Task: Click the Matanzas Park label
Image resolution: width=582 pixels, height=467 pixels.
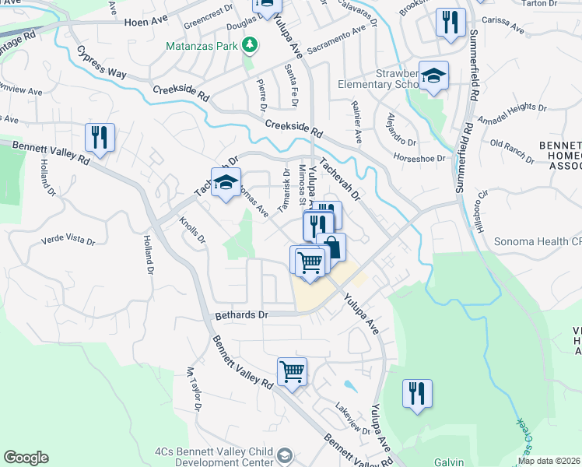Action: point(202,46)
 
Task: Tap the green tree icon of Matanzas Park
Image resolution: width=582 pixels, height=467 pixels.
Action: point(250,47)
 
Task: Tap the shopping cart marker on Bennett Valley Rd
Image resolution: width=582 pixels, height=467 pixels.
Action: point(292,371)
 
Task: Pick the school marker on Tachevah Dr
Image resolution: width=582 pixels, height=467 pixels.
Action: point(226,183)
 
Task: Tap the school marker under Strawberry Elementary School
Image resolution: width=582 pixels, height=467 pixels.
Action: point(434,75)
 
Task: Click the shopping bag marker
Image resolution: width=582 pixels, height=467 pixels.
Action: point(331,247)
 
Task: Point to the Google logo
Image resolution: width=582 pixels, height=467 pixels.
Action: point(26,458)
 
